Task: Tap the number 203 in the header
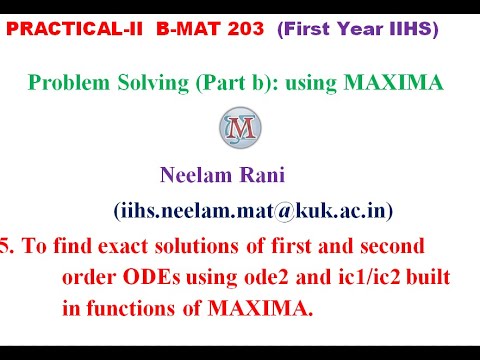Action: coord(230,30)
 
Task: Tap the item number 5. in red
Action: coord(8,245)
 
